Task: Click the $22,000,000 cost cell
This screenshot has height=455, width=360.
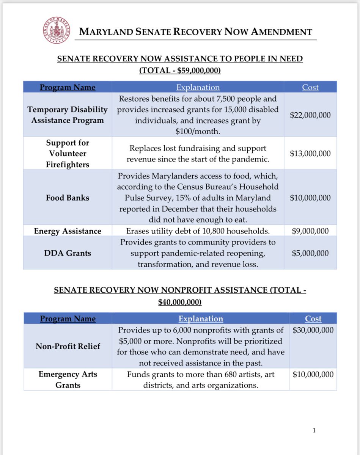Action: [x=310, y=115]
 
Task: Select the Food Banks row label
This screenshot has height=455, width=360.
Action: [x=67, y=198]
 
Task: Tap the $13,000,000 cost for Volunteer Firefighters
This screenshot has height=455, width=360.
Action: [x=310, y=153]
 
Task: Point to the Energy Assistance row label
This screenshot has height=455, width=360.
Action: [x=67, y=231]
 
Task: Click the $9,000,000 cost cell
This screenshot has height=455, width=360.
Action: [x=310, y=231]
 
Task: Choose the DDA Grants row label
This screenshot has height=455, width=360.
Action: [x=67, y=253]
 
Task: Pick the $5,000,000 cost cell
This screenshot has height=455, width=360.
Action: [x=310, y=253]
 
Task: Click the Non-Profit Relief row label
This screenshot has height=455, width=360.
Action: [x=68, y=346]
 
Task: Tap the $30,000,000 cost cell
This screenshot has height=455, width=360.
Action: [x=313, y=330]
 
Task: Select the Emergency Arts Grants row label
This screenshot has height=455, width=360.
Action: [x=68, y=379]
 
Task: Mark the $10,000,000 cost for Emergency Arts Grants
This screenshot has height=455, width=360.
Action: [x=313, y=374]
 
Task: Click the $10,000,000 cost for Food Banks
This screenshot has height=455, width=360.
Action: [x=310, y=198]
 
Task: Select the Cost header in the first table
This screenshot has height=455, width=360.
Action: [x=310, y=87]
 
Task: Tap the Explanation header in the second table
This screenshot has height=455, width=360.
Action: [x=201, y=318]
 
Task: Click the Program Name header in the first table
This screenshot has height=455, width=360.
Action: [x=68, y=87]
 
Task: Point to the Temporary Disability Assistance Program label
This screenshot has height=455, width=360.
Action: [x=68, y=115]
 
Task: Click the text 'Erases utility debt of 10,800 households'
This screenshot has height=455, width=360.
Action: [x=198, y=231]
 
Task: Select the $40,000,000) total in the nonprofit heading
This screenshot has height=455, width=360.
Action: [x=180, y=302]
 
